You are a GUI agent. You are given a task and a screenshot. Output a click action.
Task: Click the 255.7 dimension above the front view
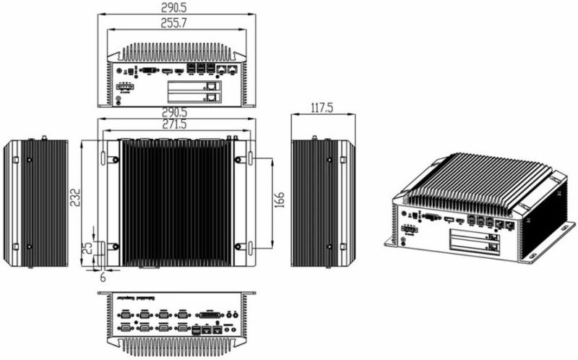point(176,23)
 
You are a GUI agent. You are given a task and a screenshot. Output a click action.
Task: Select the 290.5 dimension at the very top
point(176,7)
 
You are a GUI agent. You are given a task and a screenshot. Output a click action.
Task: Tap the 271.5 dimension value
point(176,125)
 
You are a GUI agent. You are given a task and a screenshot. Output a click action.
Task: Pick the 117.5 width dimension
point(322,108)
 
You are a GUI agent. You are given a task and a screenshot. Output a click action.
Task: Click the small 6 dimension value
point(103,276)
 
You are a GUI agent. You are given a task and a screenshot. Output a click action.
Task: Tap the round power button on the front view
point(118,71)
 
